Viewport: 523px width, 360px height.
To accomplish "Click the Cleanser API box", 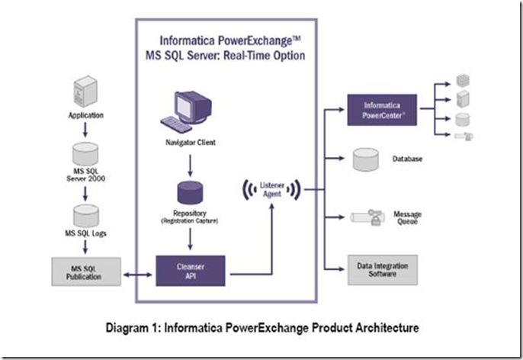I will (x=196, y=268).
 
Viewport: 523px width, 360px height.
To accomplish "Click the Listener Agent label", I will (x=271, y=188).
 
